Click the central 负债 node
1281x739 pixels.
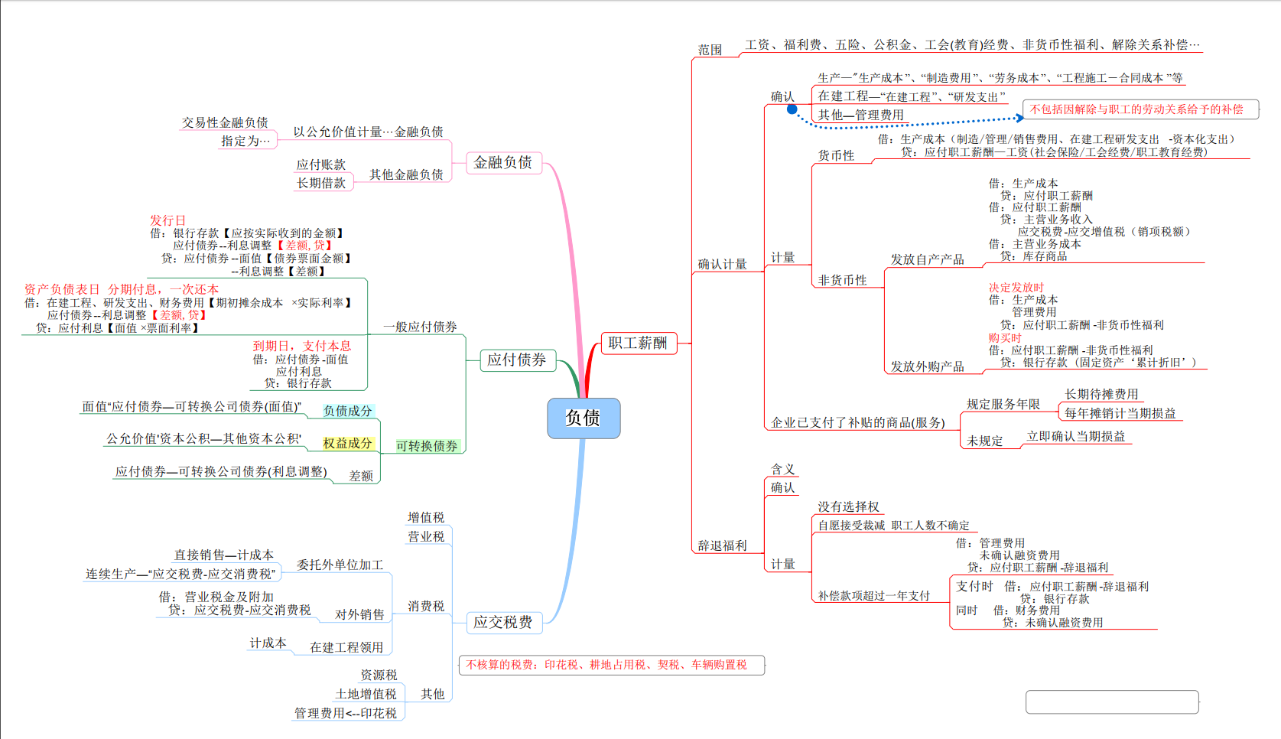[584, 418]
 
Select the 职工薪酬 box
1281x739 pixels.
[638, 343]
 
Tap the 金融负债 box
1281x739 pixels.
[503, 162]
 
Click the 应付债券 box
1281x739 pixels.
[517, 360]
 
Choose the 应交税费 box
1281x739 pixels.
[503, 622]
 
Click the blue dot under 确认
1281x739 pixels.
[792, 109]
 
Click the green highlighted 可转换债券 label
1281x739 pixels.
[427, 446]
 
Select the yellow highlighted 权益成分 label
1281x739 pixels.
[347, 443]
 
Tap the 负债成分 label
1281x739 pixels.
[348, 411]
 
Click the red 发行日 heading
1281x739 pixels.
[167, 220]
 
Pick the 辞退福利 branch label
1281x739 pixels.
[722, 545]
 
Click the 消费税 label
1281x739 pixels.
[426, 606]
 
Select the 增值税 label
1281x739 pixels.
[426, 518]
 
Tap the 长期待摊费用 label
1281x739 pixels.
[1101, 394]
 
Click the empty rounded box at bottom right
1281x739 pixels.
[1112, 702]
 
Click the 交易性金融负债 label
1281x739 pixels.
[225, 122]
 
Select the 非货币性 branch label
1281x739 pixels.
[843, 281]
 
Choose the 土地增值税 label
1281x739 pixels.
[366, 694]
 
